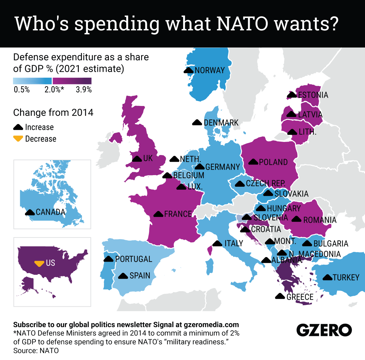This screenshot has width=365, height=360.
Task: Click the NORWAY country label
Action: [x=210, y=70]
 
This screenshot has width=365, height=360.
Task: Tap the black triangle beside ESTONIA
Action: [x=292, y=95]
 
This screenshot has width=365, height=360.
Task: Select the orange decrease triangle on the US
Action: [x=39, y=263]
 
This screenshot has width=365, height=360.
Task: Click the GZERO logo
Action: [x=324, y=330]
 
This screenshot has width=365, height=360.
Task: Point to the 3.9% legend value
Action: [x=84, y=90]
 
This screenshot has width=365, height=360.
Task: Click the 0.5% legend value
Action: [x=22, y=90]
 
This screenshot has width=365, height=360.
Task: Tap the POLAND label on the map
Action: [x=273, y=162]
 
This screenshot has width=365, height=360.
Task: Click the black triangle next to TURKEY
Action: [x=327, y=277]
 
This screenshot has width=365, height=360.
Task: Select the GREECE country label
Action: [x=300, y=297]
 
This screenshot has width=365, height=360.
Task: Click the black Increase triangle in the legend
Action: [x=18, y=127]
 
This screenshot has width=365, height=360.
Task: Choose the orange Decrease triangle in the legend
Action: [x=18, y=139]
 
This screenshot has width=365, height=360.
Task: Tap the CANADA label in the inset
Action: [x=50, y=212]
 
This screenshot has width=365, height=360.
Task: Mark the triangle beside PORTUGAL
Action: [x=108, y=259]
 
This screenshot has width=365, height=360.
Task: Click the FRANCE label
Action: [x=178, y=214]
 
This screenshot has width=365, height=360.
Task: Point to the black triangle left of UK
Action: [x=137, y=159]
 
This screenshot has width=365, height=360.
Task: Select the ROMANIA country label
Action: [x=320, y=220]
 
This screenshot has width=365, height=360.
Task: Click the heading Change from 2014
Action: [x=53, y=113]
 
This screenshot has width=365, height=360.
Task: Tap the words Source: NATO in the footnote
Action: [x=36, y=351]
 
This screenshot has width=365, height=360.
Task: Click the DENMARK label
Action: [x=221, y=123]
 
